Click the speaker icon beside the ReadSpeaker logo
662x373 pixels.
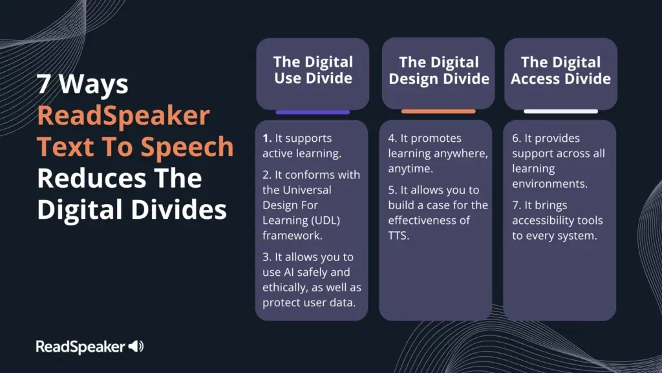pos(136,346)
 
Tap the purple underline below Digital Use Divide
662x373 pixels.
pos(312,111)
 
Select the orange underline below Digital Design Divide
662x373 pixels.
pos(438,111)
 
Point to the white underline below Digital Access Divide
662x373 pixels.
pos(561,111)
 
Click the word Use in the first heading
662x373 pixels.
pos(289,78)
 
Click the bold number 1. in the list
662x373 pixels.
pos(267,139)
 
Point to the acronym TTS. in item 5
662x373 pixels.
pos(399,236)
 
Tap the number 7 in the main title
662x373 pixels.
pos(43,85)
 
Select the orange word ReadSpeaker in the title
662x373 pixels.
pos(123,116)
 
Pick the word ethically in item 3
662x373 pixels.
pos(284,287)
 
